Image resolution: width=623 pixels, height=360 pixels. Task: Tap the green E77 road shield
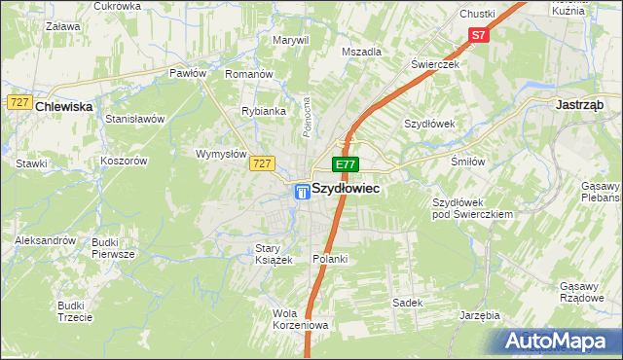pos(346,165)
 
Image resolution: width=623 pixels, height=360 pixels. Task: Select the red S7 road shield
pos(477,36)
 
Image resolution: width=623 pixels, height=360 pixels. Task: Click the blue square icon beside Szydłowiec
pos(303,193)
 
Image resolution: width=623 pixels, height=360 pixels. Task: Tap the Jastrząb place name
pos(580,104)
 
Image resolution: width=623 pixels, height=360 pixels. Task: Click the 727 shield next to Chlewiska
pos(18,102)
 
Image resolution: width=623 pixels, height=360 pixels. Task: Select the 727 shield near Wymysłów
pos(260,163)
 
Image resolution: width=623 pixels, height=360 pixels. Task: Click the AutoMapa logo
pos(558,342)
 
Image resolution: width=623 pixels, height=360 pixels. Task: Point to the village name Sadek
pos(407,303)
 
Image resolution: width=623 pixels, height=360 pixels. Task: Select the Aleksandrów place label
pos(45,240)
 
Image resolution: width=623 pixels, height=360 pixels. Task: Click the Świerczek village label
pos(434,64)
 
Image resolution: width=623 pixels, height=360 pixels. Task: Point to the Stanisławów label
pos(135,119)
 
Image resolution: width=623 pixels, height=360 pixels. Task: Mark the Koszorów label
pos(123,161)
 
